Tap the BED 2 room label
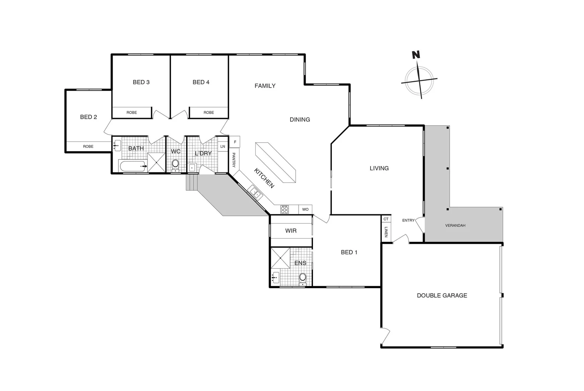88,117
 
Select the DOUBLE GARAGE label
442,295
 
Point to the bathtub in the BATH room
132,167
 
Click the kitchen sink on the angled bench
255,193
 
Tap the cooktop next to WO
285,209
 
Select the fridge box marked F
235,142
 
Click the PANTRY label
234,160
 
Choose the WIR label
291,231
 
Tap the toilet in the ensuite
303,279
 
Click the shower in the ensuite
280,258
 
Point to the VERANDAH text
455,226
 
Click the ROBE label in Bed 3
132,113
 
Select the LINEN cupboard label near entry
386,232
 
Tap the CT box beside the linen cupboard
386,219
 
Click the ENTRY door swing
420,224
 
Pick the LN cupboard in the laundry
222,147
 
